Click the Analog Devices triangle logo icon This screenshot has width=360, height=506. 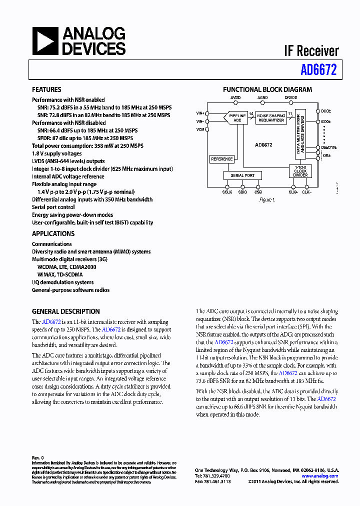(x=45, y=41)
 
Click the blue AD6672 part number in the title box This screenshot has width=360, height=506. (x=318, y=70)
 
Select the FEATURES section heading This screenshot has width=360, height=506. (x=46, y=90)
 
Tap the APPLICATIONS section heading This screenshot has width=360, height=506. (x=53, y=233)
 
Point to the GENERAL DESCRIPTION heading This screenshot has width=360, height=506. (x=65, y=311)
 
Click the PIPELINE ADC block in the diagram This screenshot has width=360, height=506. (x=237, y=118)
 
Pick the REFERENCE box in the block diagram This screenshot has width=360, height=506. (x=221, y=159)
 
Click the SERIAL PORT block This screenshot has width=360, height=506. (x=242, y=175)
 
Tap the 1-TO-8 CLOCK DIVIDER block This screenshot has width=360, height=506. (x=300, y=171)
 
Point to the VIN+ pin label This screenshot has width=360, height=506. (x=200, y=113)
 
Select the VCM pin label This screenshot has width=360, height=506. (x=200, y=129)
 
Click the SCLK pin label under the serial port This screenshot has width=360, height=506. (x=227, y=191)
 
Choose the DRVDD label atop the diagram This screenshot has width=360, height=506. (x=291, y=98)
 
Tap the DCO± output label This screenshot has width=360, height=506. (x=325, y=111)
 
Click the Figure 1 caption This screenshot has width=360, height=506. (x=267, y=199)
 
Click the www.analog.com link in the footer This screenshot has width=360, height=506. (x=323, y=476)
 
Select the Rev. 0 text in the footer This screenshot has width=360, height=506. (x=38, y=457)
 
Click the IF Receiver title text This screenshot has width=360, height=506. (x=311, y=51)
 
